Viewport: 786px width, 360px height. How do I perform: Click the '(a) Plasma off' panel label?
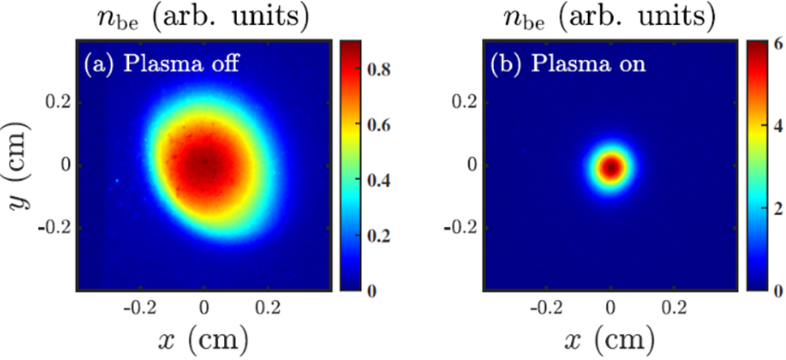[x=161, y=64]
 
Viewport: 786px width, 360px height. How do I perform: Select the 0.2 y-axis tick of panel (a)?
[x=58, y=101]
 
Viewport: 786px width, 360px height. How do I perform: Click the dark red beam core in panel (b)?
[x=611, y=167]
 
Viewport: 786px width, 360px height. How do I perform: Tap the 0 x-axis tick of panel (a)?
[x=204, y=306]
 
